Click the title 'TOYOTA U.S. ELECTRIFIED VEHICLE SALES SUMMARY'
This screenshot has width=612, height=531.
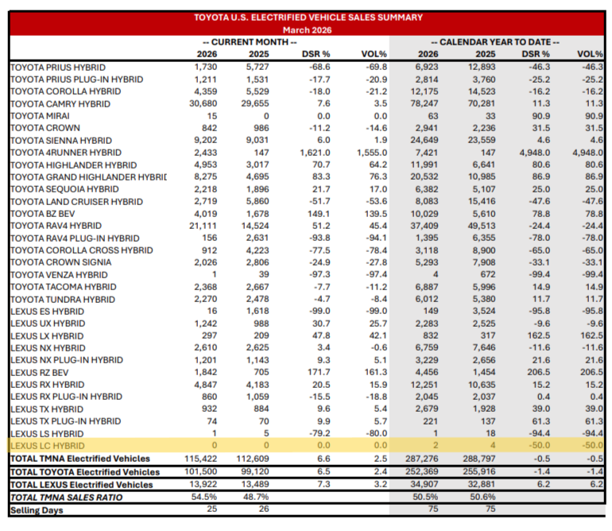pyautogui.click(x=308, y=17)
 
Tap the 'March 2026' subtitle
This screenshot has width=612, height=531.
pyautogui.click(x=307, y=30)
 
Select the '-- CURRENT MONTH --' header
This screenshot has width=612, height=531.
pyautogui.click(x=250, y=42)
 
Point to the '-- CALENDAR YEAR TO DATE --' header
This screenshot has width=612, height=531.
pyautogui.click(x=495, y=42)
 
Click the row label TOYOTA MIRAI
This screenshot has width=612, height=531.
pyautogui.click(x=40, y=116)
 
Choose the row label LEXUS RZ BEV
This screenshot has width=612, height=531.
pyautogui.click(x=40, y=373)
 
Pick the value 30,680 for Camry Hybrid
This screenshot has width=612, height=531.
pyautogui.click(x=203, y=103)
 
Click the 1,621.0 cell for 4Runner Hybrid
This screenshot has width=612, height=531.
pyautogui.click(x=315, y=153)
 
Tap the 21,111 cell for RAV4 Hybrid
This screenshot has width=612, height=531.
pyautogui.click(x=203, y=226)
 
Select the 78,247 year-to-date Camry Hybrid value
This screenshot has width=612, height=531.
pyautogui.click(x=424, y=103)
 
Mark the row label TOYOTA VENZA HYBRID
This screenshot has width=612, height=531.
pyautogui.click(x=59, y=275)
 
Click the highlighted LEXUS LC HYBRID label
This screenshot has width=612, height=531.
pyautogui.click(x=48, y=446)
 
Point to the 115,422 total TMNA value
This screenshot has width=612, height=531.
pyautogui.click(x=200, y=459)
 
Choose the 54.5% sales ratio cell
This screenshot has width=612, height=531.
pyautogui.click(x=204, y=497)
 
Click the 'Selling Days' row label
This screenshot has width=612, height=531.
pyautogui.click(x=37, y=510)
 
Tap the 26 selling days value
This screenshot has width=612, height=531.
pyautogui.click(x=264, y=509)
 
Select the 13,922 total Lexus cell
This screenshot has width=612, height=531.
pyautogui.click(x=203, y=484)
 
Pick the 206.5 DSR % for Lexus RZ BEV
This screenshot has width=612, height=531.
pyautogui.click(x=539, y=372)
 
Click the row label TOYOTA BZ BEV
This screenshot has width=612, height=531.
pyautogui.click(x=43, y=214)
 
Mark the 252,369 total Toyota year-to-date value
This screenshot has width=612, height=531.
pyautogui.click(x=422, y=471)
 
